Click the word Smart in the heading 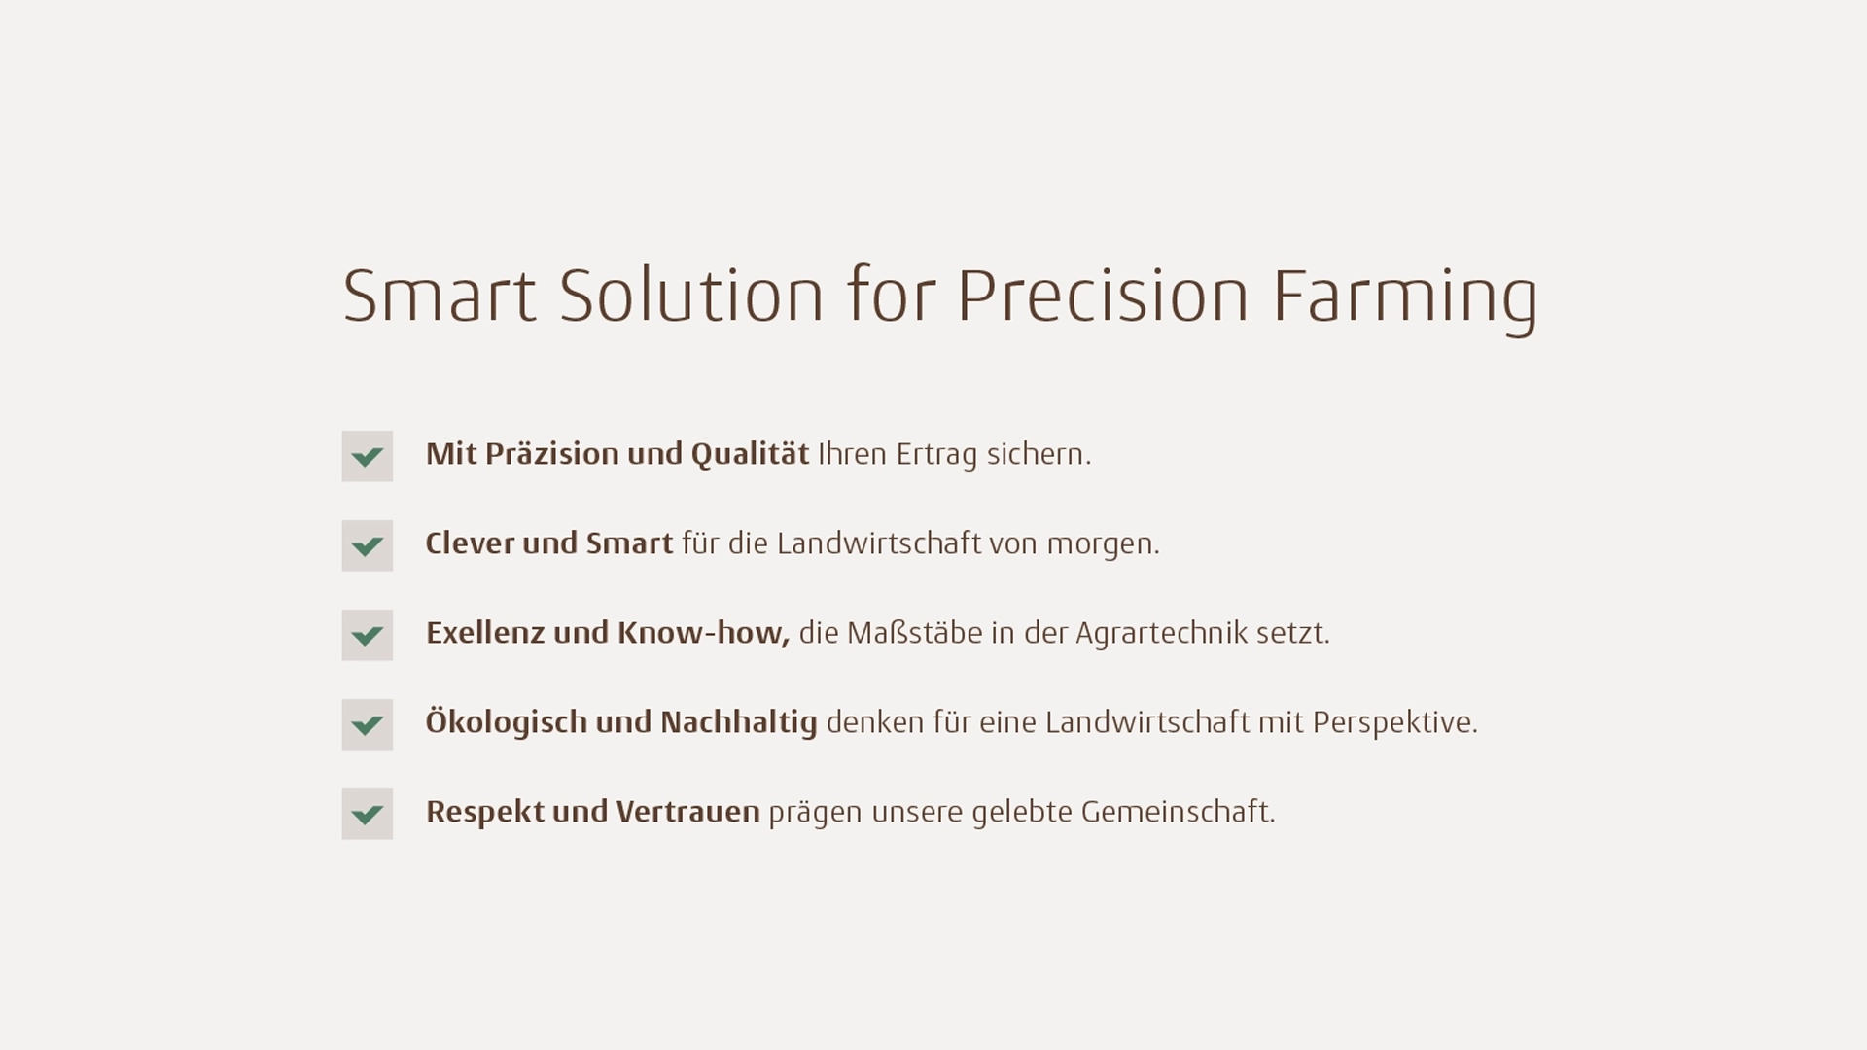click(440, 295)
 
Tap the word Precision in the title click(1103, 295)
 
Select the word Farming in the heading click(1405, 300)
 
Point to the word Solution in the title click(691, 295)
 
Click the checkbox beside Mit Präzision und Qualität click(368, 456)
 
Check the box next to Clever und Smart click(368, 545)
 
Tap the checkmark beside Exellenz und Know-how click(368, 635)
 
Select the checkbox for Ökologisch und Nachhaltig click(368, 724)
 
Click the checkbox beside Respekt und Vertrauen click(368, 814)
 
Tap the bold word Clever click(470, 543)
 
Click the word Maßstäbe click(915, 633)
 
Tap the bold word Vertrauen click(687, 812)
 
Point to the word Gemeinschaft click(1178, 812)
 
